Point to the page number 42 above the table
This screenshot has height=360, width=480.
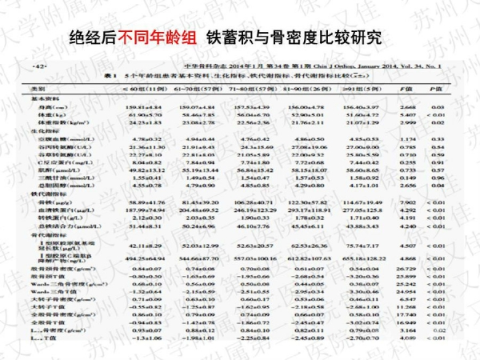pyautogui.click(x=38, y=70)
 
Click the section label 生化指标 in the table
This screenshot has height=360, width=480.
pyautogui.click(x=41, y=130)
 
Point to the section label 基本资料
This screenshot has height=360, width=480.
pyautogui.click(x=41, y=98)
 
